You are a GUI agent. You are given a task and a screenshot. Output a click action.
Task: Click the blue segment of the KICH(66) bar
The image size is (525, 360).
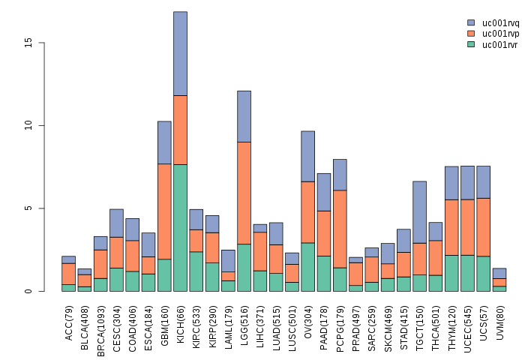click(180, 53)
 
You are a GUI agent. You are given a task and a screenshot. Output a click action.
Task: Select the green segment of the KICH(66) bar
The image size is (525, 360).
click(180, 227)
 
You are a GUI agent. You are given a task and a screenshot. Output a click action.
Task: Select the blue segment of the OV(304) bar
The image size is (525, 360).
click(307, 156)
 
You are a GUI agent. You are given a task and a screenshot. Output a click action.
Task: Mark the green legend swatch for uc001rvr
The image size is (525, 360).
click(470, 44)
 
